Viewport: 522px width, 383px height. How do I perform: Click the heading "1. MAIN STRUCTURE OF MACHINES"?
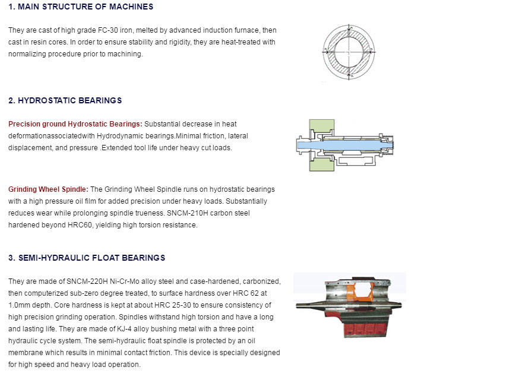tap(81, 7)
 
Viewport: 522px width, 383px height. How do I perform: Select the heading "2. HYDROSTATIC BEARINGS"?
tap(65, 100)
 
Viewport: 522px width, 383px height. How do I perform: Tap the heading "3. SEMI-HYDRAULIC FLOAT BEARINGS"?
tap(87, 258)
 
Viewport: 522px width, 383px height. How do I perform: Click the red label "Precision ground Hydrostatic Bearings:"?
tap(75, 124)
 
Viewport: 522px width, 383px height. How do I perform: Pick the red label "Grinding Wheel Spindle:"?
tap(48, 189)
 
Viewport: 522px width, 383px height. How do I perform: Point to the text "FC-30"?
tap(108, 30)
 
